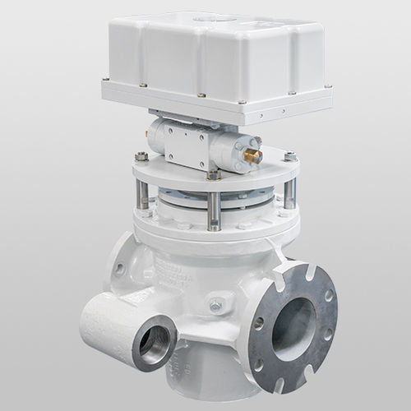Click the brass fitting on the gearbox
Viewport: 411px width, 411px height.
(254, 155)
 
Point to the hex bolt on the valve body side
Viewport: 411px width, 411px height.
(216, 304)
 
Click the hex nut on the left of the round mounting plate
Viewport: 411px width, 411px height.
(141, 156)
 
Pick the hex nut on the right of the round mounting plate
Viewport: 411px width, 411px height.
(290, 155)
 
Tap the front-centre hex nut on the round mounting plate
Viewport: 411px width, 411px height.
(214, 174)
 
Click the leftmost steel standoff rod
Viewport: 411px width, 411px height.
(142, 194)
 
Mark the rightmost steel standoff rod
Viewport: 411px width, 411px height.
(289, 193)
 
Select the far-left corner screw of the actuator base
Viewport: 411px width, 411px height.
(106, 80)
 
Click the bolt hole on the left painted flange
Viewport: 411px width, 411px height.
(120, 268)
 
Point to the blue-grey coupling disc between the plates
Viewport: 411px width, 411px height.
(215, 197)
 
